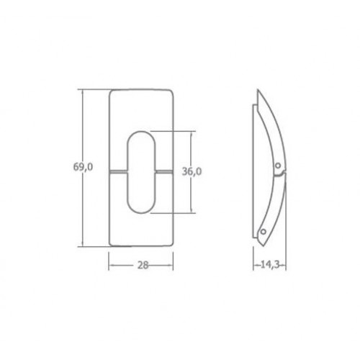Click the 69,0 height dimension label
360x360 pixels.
click(83, 167)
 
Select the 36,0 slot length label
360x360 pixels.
click(192, 171)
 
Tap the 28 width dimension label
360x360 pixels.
click(143, 265)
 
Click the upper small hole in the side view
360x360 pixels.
click(278, 166)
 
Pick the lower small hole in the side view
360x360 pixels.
click(264, 232)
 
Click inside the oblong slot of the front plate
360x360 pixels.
click(141, 172)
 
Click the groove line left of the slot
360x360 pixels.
click(118, 171)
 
